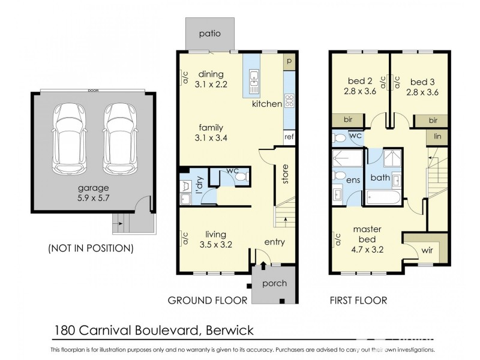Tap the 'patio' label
pos(210,34)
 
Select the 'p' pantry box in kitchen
pos(289,61)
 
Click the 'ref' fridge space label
pos(289,136)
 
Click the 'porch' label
pos(275,283)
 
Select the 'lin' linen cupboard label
pos(438,137)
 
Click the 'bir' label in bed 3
pos(433,121)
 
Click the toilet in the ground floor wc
pos(240,178)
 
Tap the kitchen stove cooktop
pos(289,100)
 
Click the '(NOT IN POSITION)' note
pos(90,247)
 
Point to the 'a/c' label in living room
pos(186,238)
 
